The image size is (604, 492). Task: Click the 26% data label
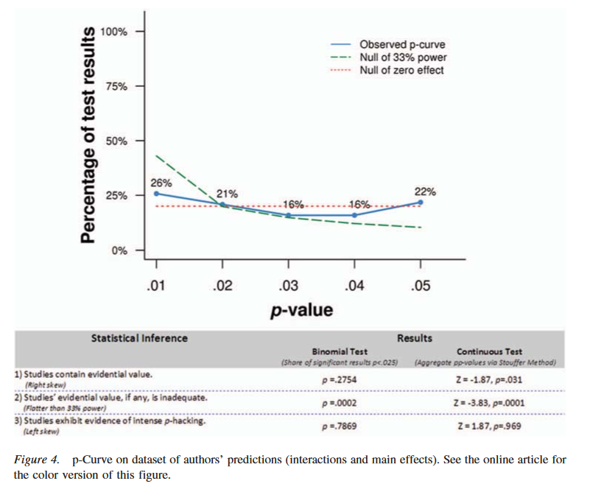click(161, 182)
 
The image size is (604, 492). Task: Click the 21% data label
click(227, 194)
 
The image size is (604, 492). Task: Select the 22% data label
click(425, 191)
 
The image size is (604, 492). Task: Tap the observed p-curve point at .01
click(155, 194)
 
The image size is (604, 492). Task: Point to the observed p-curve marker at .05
click(421, 202)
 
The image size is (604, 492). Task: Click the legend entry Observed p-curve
click(401, 44)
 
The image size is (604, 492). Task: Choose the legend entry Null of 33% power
click(403, 57)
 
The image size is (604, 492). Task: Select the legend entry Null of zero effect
click(401, 71)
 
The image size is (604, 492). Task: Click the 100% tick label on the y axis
click(114, 32)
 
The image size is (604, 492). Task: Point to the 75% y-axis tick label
click(116, 86)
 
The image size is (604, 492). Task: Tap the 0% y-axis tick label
click(119, 250)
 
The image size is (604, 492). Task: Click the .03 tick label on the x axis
click(288, 286)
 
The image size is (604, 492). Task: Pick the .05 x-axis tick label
click(421, 286)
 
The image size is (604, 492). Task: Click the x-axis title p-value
click(302, 309)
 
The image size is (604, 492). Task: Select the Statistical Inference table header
click(139, 339)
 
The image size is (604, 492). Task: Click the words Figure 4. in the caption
click(38, 460)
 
